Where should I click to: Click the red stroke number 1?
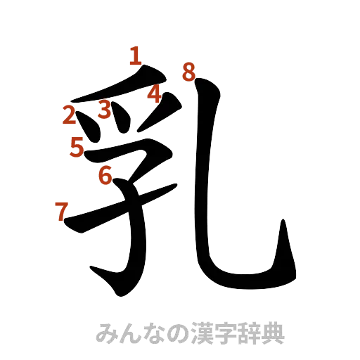[x=135, y=56]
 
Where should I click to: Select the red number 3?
[x=105, y=109]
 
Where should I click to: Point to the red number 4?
[x=154, y=94]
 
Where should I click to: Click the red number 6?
[x=105, y=174]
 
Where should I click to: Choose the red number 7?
[x=61, y=209]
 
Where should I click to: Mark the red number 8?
[x=188, y=71]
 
